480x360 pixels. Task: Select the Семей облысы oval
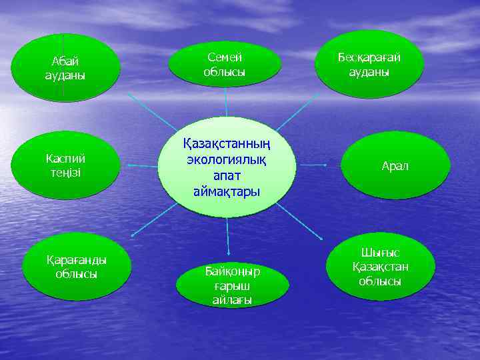(x=224, y=63)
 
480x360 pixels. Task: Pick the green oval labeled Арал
(x=395, y=165)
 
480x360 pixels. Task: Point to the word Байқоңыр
(x=233, y=272)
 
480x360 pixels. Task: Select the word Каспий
(x=65, y=159)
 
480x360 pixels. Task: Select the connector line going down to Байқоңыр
(x=228, y=237)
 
